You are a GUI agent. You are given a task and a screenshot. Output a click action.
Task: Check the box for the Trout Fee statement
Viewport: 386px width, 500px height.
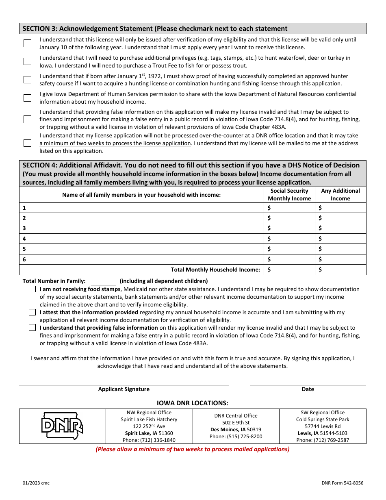[27, 61]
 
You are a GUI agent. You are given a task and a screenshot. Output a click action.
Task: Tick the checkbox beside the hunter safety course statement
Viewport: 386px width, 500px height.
[27, 80]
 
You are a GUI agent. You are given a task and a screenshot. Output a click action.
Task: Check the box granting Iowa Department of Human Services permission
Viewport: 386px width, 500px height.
[27, 98]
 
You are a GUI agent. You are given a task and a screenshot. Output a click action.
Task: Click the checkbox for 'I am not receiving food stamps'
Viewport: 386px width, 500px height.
[32, 289]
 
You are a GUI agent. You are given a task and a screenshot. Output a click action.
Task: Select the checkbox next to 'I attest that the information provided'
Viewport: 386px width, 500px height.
[32, 313]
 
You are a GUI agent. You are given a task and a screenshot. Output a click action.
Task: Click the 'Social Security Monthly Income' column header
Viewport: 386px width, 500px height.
[289, 195]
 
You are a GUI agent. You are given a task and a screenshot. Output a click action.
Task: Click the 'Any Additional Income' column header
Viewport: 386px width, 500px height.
[340, 195]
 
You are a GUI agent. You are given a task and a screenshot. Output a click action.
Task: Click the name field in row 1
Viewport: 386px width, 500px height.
[148, 208]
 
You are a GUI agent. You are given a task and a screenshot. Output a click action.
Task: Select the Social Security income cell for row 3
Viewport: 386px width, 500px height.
[289, 228]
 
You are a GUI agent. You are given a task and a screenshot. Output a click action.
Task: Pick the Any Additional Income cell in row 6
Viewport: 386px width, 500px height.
[340, 259]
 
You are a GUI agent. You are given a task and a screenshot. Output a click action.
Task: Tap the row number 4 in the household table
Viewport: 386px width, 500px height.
[24, 239]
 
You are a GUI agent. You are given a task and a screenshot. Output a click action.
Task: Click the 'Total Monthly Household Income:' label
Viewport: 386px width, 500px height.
[215, 270]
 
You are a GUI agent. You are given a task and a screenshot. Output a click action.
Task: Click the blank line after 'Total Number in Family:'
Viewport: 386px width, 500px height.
[103, 281]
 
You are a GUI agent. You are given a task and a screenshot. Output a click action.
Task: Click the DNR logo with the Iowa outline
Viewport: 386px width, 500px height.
[62, 426]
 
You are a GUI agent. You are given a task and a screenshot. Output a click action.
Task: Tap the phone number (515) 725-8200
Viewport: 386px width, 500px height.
[236, 437]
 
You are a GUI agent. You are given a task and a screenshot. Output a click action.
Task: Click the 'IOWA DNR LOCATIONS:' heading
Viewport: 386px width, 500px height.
[193, 403]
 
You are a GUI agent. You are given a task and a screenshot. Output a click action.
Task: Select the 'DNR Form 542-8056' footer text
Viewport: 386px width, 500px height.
[342, 483]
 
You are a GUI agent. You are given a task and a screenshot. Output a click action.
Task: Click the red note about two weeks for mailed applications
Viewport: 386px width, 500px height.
[193, 449]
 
